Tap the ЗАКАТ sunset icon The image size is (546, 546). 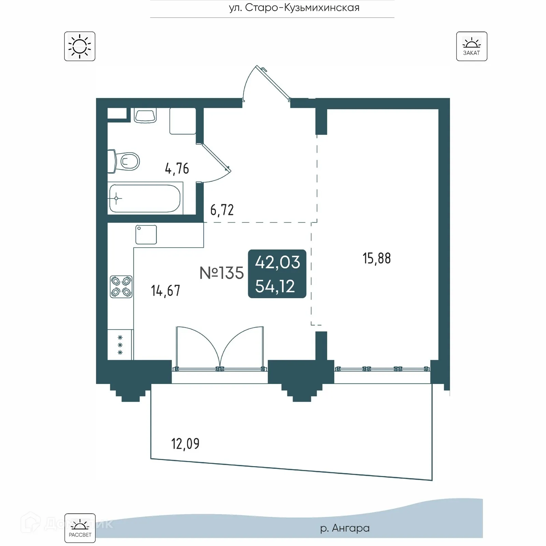(x=472, y=46)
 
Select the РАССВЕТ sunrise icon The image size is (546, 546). (x=80, y=528)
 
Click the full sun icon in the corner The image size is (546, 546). (x=80, y=46)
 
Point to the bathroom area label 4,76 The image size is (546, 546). (x=177, y=169)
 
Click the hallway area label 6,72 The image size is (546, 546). (x=222, y=210)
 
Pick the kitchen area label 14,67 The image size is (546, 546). (x=165, y=291)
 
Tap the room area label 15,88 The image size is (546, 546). (x=376, y=258)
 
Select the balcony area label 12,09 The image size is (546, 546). (x=185, y=444)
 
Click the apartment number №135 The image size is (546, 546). (x=221, y=273)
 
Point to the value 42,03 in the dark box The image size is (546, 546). (x=277, y=262)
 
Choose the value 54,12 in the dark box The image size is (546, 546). (x=275, y=286)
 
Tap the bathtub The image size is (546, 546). (x=145, y=198)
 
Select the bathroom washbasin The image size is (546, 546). (x=145, y=115)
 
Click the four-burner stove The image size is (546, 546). (x=121, y=287)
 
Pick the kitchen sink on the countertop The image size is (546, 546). (x=146, y=234)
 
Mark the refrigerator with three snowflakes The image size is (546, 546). (x=120, y=345)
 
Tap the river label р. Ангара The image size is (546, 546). (x=345, y=528)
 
